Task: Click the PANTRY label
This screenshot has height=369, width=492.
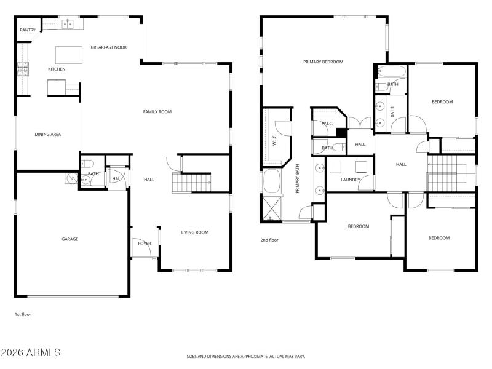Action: (x=28, y=30)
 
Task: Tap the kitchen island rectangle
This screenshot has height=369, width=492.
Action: (x=69, y=55)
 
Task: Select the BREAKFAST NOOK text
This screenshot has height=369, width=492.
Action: (x=109, y=47)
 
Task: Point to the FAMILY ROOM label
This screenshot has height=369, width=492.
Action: (x=157, y=111)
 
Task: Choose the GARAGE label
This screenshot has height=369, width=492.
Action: (x=69, y=239)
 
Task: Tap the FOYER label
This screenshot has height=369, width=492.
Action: (x=145, y=244)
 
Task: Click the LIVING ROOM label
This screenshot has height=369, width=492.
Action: (x=195, y=232)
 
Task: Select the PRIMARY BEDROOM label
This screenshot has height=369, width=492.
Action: (x=323, y=61)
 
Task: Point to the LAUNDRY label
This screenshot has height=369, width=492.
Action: (x=351, y=180)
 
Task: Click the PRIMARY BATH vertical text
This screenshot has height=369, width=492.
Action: (x=297, y=178)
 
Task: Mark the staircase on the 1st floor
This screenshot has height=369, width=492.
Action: (x=191, y=183)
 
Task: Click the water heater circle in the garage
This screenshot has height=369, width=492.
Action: (x=71, y=178)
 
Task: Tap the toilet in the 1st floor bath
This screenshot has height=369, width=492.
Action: (x=87, y=164)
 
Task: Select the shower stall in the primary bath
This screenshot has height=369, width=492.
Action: (x=272, y=208)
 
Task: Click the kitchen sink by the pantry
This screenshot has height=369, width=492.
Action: (x=66, y=24)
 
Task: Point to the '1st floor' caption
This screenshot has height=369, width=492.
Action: (x=23, y=314)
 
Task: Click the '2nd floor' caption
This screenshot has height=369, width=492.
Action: (x=269, y=240)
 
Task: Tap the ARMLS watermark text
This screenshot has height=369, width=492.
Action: (x=31, y=353)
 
